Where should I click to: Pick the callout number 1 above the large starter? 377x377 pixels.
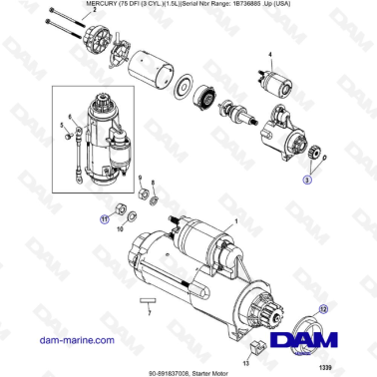(235, 220)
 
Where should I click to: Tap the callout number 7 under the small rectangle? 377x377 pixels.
(148, 313)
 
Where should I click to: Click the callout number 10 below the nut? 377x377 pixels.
(122, 229)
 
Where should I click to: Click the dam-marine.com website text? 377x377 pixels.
(46, 340)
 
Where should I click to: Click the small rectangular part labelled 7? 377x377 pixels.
(148, 299)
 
